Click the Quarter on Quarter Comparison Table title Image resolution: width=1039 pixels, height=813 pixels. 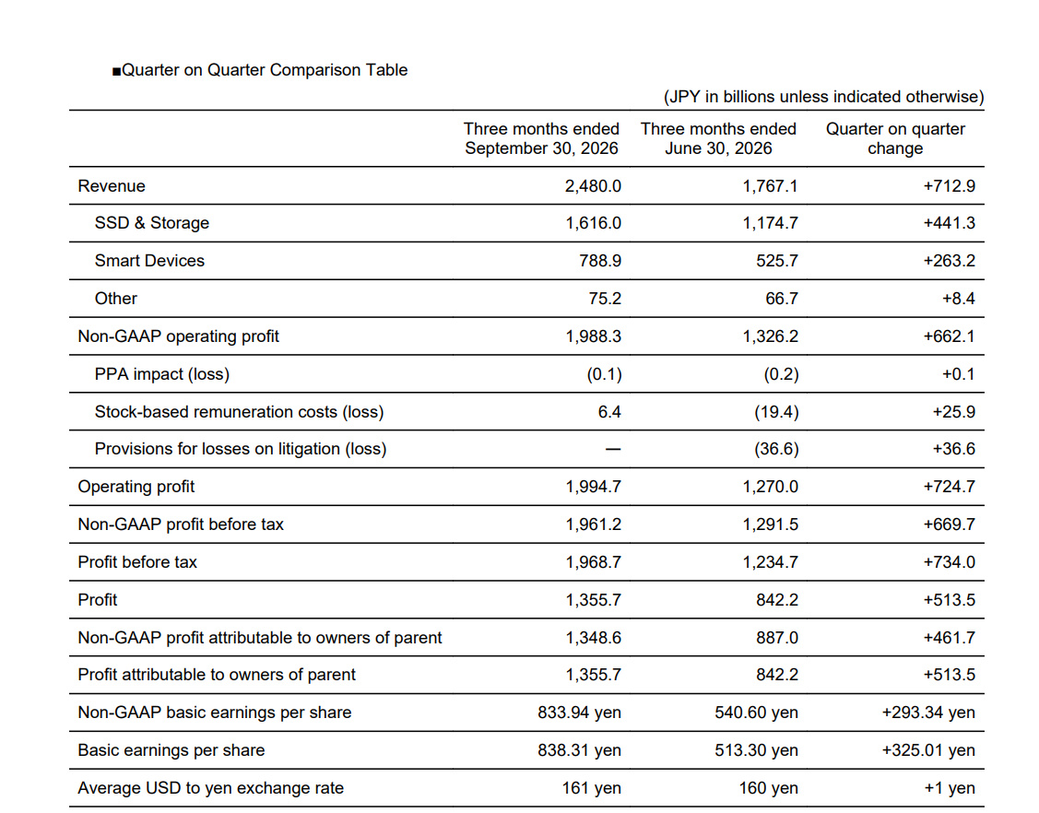(x=260, y=70)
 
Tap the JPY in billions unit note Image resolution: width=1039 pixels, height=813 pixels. (x=823, y=97)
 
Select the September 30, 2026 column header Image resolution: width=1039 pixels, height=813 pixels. (x=541, y=138)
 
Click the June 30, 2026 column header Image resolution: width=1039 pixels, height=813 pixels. (x=718, y=138)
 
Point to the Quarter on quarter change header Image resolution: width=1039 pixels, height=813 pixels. (x=895, y=138)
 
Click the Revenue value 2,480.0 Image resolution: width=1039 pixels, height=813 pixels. (x=593, y=186)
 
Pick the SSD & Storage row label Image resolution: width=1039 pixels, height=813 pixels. (x=152, y=223)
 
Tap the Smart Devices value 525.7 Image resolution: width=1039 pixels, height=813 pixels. (x=776, y=261)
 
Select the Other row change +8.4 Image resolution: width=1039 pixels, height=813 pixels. (x=958, y=299)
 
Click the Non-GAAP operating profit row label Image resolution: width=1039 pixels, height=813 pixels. (x=178, y=336)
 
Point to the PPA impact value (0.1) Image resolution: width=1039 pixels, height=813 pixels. (x=605, y=374)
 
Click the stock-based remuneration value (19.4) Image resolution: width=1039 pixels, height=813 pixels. (x=776, y=412)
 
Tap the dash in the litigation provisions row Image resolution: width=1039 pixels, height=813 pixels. (x=613, y=449)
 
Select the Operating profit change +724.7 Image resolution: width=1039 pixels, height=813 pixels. (x=950, y=487)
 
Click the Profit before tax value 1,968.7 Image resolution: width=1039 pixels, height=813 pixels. (x=593, y=562)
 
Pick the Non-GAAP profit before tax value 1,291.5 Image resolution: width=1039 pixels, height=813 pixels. (x=770, y=524)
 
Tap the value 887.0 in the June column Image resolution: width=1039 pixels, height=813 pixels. (x=776, y=638)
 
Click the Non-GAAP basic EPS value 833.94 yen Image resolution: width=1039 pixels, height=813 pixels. (x=579, y=713)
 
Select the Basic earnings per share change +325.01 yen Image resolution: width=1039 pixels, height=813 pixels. (x=928, y=750)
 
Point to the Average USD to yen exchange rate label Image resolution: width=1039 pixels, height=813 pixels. (x=211, y=788)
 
